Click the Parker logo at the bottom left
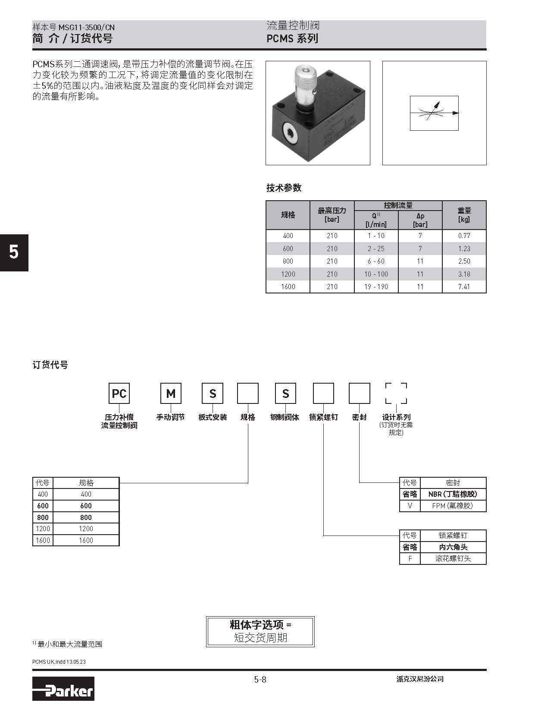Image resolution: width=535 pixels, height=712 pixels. point(63,688)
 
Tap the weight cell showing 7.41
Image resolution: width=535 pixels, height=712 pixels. point(464,287)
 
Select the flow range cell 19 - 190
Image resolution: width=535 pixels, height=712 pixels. point(376,287)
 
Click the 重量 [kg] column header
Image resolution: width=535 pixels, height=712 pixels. point(464,215)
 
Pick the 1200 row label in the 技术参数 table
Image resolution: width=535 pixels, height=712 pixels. point(288,274)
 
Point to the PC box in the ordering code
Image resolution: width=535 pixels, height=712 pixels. point(119,394)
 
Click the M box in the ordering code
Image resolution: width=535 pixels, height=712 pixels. point(171,394)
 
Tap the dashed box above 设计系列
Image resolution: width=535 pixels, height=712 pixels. point(396,394)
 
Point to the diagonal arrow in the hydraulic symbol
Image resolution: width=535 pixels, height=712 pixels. point(433,110)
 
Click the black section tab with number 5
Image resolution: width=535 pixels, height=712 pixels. point(14,252)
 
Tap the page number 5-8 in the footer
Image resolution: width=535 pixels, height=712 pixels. point(260,680)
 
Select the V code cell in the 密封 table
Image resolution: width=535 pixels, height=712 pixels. point(410,506)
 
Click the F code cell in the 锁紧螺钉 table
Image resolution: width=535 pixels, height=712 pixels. point(410,558)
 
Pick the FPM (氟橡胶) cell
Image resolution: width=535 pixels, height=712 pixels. point(453,506)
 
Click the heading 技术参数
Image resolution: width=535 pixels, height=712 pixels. point(284,188)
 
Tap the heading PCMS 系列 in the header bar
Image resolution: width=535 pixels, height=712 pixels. point(292,38)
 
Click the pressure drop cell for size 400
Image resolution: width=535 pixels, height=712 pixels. point(420,236)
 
